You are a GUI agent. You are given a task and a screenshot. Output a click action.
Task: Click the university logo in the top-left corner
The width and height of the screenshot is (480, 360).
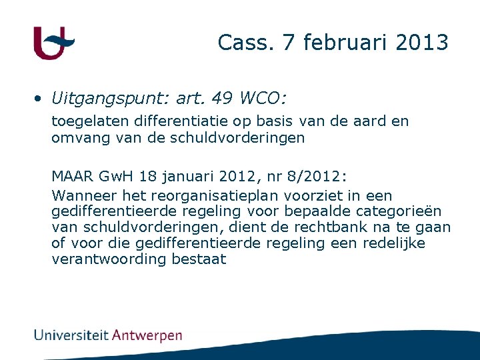pos(53,43)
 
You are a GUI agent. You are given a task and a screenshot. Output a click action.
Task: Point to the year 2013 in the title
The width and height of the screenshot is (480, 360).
pos(422,43)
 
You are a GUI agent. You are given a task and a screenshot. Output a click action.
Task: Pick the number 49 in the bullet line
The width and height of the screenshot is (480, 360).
pos(223,99)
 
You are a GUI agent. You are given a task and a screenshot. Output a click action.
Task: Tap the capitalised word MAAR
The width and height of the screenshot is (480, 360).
pos(73,177)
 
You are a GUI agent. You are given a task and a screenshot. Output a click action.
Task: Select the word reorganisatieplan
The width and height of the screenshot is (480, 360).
pos(216,196)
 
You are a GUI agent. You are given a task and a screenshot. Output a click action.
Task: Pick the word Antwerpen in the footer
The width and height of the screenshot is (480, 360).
pos(147,335)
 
